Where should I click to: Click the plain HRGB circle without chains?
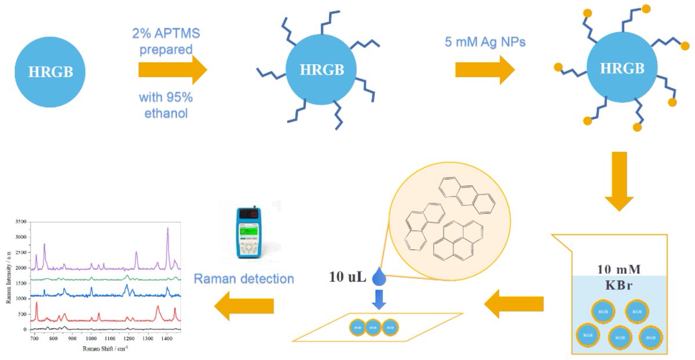[49, 72]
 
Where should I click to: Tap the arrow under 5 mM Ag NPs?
[485, 70]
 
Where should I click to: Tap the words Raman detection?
[244, 278]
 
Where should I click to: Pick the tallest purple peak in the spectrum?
[168, 229]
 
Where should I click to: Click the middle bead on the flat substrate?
[374, 328]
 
